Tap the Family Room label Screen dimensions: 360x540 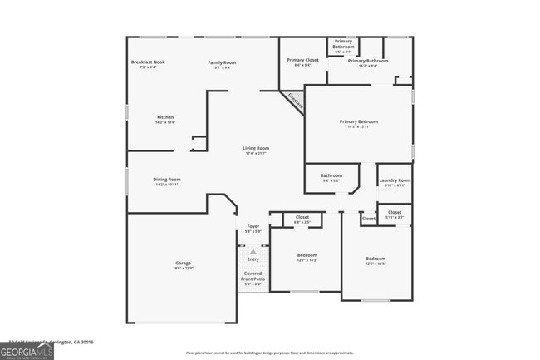(222, 62)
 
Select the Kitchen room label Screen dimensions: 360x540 (165, 117)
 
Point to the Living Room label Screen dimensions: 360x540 (256, 148)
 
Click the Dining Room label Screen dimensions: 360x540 (167, 179)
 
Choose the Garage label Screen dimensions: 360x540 (183, 263)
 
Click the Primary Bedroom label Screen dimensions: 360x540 (359, 121)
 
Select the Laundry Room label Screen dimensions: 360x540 (395, 180)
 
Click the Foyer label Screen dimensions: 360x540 (253, 226)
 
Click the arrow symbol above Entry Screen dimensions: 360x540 (253, 250)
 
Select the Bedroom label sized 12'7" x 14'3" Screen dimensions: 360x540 (307, 255)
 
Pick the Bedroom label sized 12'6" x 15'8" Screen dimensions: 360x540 (376, 259)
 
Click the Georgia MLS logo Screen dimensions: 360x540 (27, 353)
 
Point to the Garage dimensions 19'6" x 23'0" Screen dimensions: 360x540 (183, 268)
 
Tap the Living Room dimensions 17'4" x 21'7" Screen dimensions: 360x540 (256, 153)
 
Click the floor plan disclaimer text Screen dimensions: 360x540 (270, 353)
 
